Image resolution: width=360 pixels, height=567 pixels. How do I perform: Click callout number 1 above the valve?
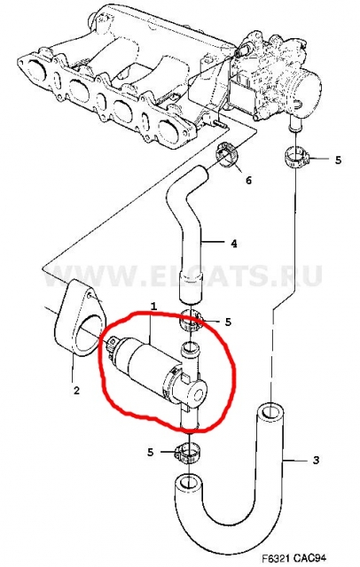(153, 307)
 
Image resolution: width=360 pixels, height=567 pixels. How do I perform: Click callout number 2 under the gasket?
(76, 391)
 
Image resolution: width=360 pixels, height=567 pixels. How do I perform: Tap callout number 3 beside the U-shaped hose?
(316, 461)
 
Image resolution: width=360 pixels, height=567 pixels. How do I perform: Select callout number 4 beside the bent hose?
(234, 244)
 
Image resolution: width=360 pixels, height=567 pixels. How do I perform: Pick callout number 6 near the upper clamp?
(248, 180)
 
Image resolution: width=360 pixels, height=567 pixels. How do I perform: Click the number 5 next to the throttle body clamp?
(338, 159)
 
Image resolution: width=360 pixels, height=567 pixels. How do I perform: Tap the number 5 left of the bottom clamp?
(151, 452)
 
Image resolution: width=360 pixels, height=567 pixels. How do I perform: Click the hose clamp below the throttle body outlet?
(295, 158)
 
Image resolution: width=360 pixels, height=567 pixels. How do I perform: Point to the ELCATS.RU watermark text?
(183, 276)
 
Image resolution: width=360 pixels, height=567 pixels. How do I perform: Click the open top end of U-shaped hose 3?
(269, 413)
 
